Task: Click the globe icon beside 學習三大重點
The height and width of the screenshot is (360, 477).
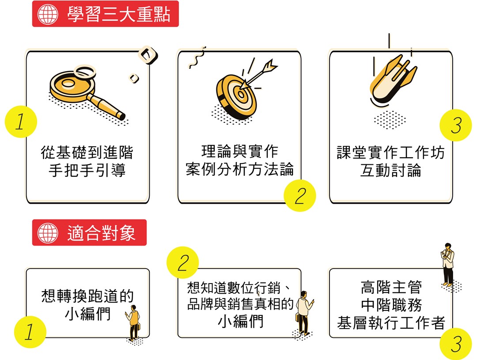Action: (x=48, y=14)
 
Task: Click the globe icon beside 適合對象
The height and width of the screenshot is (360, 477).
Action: (x=48, y=233)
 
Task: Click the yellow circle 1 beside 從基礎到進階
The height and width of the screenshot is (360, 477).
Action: (x=21, y=121)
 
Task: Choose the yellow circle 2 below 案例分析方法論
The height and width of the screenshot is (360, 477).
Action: (x=299, y=195)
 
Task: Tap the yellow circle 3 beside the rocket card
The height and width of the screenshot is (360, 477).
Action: (x=456, y=125)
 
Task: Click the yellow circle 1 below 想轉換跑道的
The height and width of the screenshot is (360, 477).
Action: (x=30, y=332)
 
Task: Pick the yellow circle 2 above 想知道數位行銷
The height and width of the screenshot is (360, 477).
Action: (x=182, y=262)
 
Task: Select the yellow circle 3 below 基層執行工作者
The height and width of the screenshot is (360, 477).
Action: (x=456, y=344)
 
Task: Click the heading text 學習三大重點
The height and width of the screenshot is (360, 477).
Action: (x=119, y=14)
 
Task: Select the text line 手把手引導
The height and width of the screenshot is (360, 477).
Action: (x=87, y=170)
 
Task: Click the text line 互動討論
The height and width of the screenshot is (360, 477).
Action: (x=390, y=170)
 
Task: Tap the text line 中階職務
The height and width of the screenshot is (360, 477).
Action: (x=391, y=305)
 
